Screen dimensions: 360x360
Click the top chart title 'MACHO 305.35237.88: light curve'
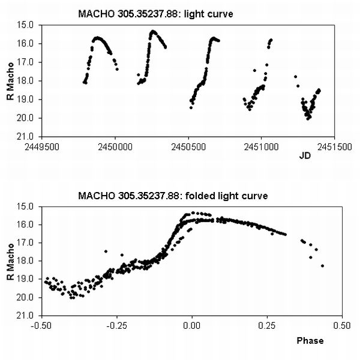[x=155, y=14]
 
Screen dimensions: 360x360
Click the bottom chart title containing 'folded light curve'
[x=173, y=196]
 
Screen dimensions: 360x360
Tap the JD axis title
[x=305, y=156]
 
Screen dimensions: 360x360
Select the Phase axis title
[x=310, y=340]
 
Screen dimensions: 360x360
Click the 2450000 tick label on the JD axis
[x=115, y=147]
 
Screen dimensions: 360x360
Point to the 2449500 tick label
[x=42, y=147]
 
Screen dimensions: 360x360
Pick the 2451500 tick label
[x=334, y=147]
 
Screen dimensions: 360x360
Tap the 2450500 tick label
[x=188, y=147]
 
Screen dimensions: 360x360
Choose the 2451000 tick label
[x=261, y=147]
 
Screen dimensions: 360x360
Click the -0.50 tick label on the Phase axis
[x=42, y=326]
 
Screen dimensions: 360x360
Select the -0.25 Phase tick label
[x=116, y=326]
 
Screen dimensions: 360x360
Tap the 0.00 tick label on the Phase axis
[x=192, y=326]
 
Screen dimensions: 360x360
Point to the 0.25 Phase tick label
[x=267, y=326]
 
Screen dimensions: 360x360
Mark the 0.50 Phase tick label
[x=342, y=326]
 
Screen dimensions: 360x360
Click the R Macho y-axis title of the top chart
[x=10, y=81]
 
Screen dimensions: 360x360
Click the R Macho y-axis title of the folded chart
[x=10, y=262]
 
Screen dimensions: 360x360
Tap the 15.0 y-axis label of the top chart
[x=25, y=25]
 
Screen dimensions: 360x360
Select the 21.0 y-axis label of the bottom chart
[x=25, y=316]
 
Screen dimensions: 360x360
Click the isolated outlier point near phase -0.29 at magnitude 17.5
[x=106, y=251]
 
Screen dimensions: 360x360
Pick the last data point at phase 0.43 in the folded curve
[x=323, y=266]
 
